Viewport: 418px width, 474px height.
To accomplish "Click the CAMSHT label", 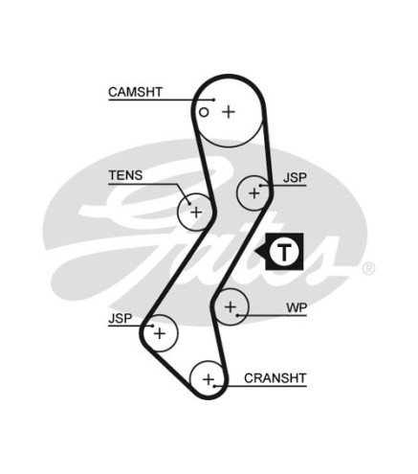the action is click(135, 92).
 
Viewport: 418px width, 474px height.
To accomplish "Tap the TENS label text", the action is click(125, 175).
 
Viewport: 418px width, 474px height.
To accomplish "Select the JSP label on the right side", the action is click(295, 177).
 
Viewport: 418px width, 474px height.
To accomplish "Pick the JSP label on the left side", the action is click(120, 318).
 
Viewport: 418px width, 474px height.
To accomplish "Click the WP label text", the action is click(297, 307).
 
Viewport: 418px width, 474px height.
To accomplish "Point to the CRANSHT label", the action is click(275, 378).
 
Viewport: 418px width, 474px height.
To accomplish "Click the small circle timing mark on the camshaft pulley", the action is click(204, 112).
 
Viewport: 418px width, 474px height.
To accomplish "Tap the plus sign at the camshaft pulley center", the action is click(229, 112).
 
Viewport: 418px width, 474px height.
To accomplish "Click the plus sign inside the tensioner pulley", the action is click(196, 213).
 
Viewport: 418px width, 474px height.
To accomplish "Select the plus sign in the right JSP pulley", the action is click(254, 193).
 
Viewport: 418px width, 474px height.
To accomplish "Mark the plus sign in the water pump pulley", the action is click(231, 307).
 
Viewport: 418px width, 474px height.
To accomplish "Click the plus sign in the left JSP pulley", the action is click(160, 333).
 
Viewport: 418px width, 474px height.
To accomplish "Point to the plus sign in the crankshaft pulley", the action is click(209, 380).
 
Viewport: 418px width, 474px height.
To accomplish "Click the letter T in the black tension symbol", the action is click(284, 252).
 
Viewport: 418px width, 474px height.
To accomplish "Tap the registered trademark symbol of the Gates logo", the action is click(368, 269).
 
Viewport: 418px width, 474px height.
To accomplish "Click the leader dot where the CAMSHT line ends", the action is click(213, 100).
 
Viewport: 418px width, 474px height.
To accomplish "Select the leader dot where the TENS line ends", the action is click(189, 204).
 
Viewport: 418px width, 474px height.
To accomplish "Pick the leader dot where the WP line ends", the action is click(237, 315).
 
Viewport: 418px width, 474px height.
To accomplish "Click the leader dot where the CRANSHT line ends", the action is click(215, 386).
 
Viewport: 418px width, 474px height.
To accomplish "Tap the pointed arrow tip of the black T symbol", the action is click(255, 252).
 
